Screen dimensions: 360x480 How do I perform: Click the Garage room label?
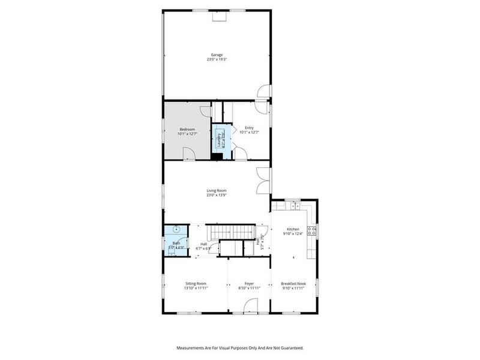point(217,55)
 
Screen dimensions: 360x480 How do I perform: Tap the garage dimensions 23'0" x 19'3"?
point(217,59)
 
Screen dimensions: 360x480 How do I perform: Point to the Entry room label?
point(249,128)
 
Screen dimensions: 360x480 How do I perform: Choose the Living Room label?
point(217,191)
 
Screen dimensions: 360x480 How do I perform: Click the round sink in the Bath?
point(176,229)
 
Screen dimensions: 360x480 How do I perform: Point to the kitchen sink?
point(295,206)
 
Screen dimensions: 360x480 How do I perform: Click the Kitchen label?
point(293,229)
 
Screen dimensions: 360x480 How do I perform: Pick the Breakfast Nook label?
point(293,283)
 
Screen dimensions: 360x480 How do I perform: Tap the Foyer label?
point(249,283)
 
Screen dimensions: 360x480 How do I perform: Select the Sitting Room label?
point(196,283)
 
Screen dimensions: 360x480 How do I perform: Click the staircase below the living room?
point(231,231)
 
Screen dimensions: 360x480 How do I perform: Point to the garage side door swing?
point(263,91)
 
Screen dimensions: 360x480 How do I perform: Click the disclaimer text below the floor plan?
point(239,347)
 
